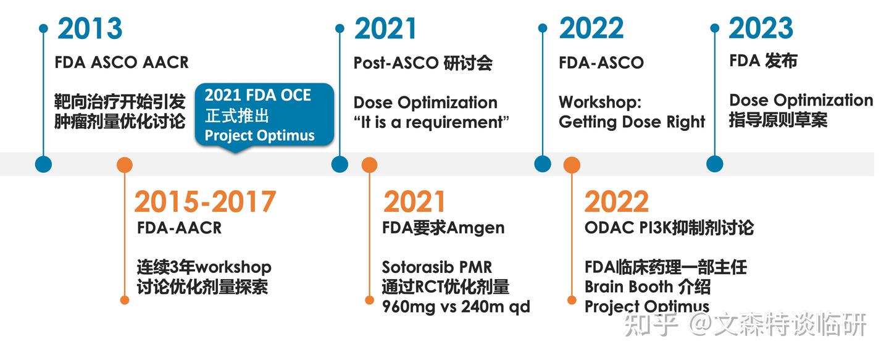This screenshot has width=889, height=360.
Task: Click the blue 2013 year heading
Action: (x=90, y=29)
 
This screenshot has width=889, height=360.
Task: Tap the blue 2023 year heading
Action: (x=761, y=28)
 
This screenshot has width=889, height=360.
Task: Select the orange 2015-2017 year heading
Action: (x=205, y=202)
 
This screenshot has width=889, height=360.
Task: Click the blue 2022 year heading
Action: (x=591, y=29)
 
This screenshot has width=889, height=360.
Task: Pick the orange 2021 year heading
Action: (x=414, y=202)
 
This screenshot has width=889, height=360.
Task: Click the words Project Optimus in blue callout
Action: (x=260, y=135)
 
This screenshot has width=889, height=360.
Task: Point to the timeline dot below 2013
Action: (x=43, y=164)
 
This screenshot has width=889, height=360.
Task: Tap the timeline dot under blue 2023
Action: (x=714, y=164)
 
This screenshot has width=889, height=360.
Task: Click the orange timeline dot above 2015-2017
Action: (x=125, y=165)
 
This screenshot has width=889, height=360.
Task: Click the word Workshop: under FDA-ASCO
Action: (x=591, y=102)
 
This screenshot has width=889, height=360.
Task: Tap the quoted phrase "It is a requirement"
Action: (x=432, y=122)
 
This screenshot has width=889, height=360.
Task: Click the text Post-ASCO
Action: (x=396, y=63)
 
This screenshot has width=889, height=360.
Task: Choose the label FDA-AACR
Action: (x=179, y=228)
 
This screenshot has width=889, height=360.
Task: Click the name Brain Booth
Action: (x=628, y=287)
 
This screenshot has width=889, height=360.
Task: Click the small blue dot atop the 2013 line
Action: (x=43, y=28)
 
